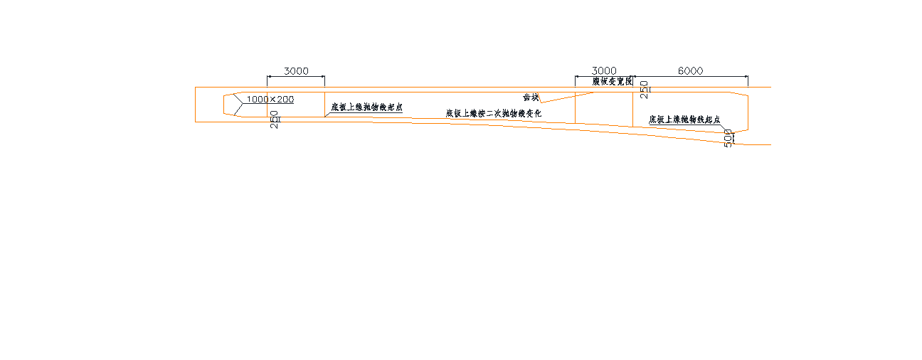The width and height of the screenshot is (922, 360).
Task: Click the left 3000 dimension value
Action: click(296, 71)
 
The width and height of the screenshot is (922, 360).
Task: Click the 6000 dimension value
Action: click(690, 71)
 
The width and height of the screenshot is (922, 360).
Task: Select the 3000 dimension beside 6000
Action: click(604, 71)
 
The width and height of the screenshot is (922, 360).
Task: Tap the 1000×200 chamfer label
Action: click(270, 100)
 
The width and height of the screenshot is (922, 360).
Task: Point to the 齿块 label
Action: click(531, 97)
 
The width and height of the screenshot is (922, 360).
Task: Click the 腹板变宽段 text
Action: click(613, 82)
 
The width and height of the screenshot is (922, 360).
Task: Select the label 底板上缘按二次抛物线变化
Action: click(494, 113)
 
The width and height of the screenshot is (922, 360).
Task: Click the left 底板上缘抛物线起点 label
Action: click(366, 107)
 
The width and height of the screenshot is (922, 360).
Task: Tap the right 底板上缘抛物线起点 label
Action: click(684, 120)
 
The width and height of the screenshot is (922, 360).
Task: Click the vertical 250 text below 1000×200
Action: click(275, 119)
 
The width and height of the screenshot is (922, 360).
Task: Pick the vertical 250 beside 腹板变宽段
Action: click(645, 89)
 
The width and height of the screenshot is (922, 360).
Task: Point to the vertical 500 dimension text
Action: click(728, 137)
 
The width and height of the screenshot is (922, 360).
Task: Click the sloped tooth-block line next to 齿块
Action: click(566, 97)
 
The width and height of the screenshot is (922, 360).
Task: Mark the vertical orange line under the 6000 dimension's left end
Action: click(632, 107)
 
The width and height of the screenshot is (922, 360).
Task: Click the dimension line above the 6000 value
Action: click(690, 77)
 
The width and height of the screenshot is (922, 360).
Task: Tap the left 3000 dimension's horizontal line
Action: click(296, 77)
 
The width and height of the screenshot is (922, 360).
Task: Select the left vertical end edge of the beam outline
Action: click(196, 105)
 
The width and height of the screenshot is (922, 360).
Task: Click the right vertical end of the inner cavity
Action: click(748, 112)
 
